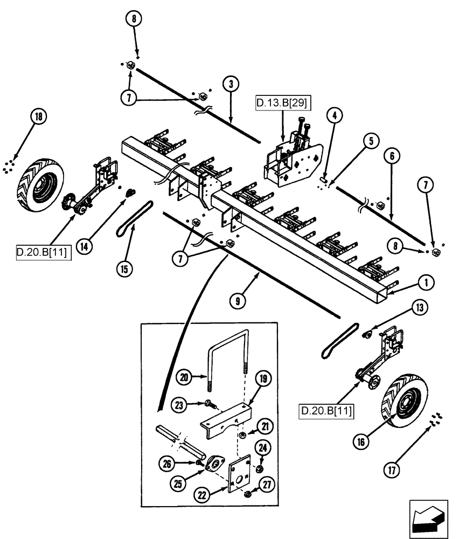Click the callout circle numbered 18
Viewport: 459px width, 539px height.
(x=39, y=117)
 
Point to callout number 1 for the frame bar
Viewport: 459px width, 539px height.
(x=426, y=281)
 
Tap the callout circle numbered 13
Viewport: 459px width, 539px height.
(x=419, y=308)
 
